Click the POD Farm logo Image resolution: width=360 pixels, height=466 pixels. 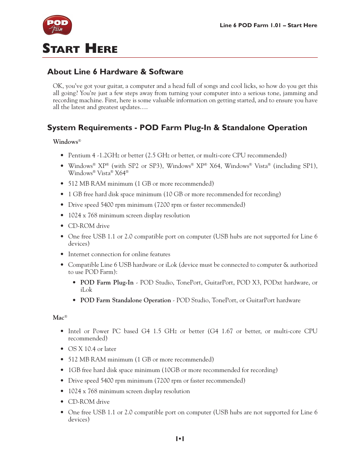57,25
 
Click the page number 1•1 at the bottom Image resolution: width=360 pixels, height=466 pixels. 180,438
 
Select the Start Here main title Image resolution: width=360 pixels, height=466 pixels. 80,49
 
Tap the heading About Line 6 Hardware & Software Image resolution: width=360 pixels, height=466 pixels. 115,72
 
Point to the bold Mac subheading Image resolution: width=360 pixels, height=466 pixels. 58,318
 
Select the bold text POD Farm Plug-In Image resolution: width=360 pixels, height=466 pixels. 107,283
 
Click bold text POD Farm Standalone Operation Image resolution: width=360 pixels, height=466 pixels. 125,300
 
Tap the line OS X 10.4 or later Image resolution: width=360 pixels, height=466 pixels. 92,349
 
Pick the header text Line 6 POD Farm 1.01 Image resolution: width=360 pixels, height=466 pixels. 250,25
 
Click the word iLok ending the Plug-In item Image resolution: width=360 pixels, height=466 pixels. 86,290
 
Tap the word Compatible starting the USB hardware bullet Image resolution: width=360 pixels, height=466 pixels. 82,265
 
